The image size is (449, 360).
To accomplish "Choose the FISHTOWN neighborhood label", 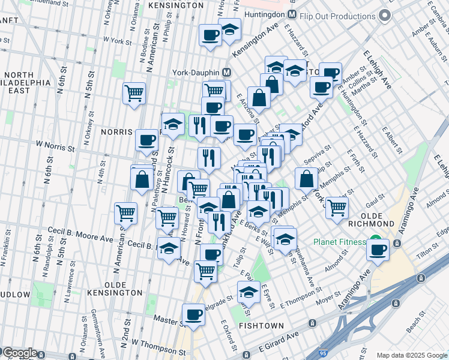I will [x=257, y=325].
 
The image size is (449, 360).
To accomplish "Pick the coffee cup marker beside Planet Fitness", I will [x=378, y=249].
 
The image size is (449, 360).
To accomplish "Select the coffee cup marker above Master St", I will [x=193, y=314].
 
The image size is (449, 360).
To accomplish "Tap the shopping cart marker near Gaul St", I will [x=337, y=206].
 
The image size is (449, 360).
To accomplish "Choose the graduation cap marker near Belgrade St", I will [x=249, y=292].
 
